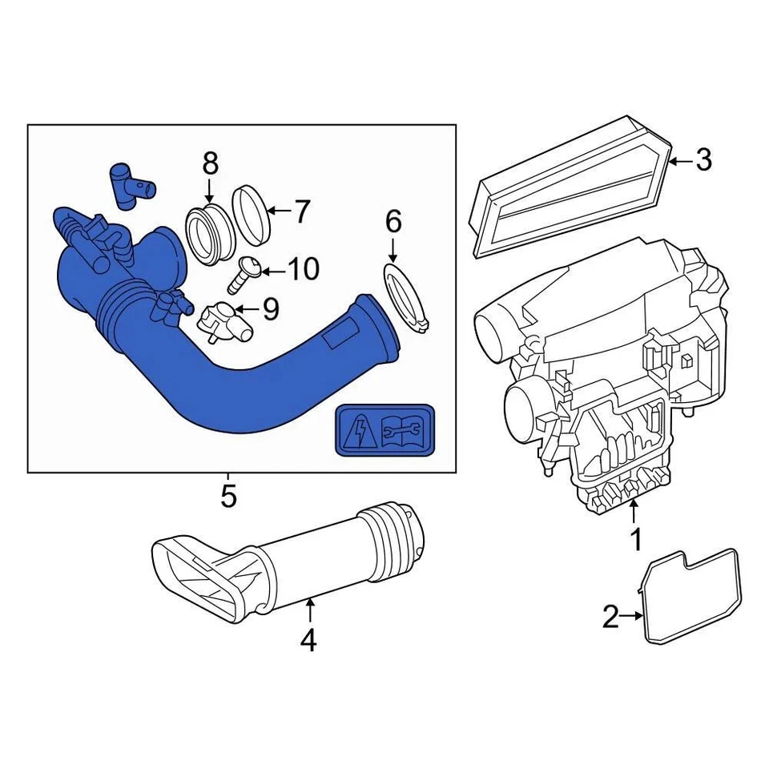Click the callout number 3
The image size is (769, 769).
point(703,160)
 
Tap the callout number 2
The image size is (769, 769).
point(610,617)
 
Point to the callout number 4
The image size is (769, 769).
point(309,640)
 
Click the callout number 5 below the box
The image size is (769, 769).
point(229,497)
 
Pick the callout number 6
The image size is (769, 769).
point(393,222)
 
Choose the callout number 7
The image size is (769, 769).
point(300,211)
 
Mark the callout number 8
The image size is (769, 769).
point(210,163)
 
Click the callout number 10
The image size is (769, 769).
point(303,269)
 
